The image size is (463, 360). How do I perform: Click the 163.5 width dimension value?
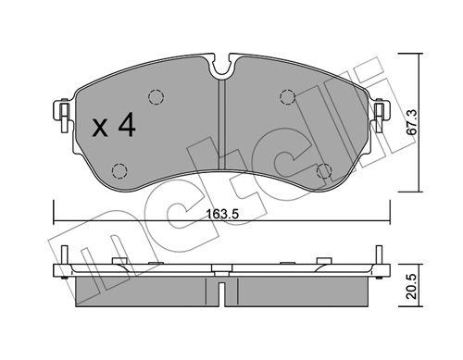pos(222,214)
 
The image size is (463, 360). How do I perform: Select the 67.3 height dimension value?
pos(412,122)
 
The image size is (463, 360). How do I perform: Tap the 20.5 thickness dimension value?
pos(412,286)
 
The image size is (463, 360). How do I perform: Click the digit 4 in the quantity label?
pos(127,124)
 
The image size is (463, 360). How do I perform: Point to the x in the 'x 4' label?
pos(100,129)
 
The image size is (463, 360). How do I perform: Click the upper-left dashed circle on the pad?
pos(156,97)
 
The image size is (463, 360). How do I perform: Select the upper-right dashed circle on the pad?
pos(287,97)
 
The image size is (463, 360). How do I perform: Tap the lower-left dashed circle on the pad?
pos(119,170)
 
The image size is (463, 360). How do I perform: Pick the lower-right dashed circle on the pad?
pos(324,170)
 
